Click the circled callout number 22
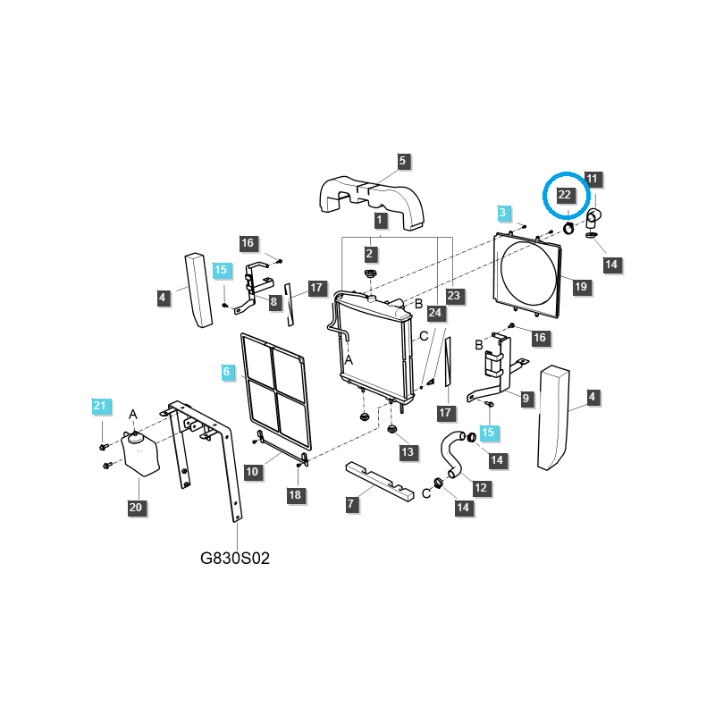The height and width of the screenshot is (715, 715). click(565, 195)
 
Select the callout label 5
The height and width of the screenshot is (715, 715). click(402, 161)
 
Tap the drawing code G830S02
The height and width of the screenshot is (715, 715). click(235, 558)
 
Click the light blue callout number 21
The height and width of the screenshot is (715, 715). click(100, 406)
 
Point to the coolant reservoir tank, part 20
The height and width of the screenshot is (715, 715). click(140, 453)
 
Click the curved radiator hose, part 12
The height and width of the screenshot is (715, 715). click(452, 455)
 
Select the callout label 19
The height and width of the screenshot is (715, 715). click(580, 287)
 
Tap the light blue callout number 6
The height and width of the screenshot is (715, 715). click(227, 372)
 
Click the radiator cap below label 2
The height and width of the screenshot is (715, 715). click(370, 274)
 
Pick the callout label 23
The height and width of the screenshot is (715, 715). click(453, 296)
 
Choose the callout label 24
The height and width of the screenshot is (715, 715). click(435, 313)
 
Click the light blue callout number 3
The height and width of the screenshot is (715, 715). click(503, 213)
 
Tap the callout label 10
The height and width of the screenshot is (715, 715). click(252, 472)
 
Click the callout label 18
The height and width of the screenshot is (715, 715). click(295, 495)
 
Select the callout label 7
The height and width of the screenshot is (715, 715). click(350, 504)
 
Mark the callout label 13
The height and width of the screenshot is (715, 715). click(408, 452)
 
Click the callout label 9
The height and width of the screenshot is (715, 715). click(526, 399)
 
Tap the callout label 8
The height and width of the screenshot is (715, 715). click(273, 302)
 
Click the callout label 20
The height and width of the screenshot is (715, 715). click(136, 508)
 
